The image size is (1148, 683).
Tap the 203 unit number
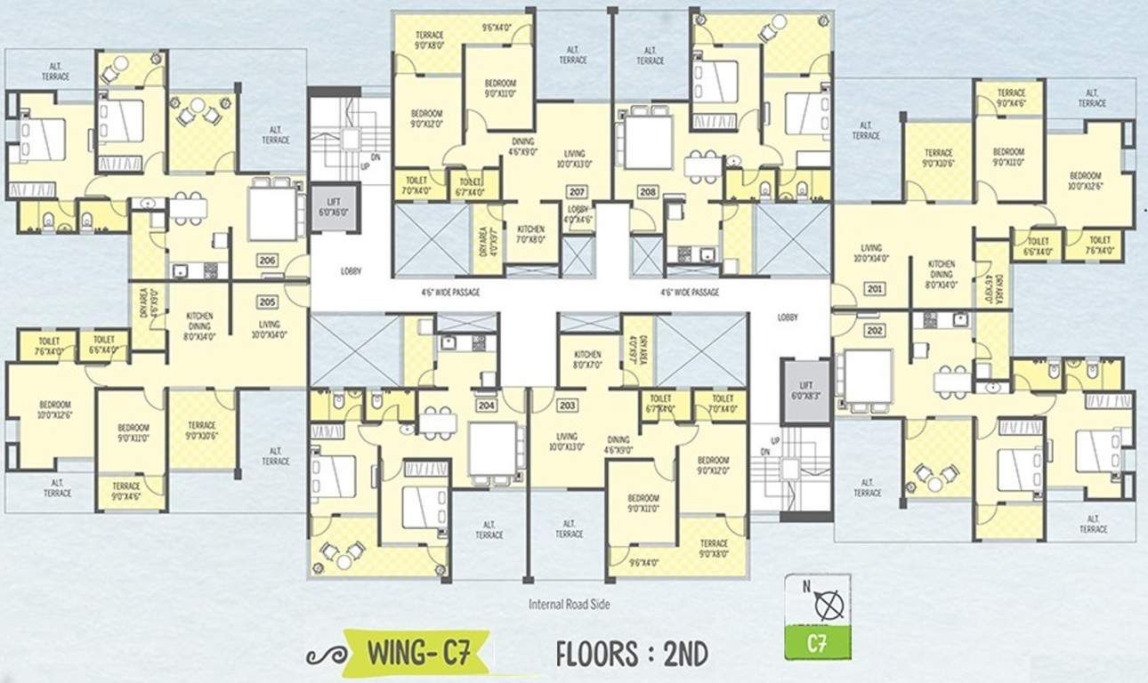567,405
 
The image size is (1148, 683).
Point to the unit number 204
486,405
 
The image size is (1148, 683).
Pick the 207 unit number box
575,191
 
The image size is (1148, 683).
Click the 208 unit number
647,191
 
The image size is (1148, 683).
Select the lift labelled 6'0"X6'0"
334,208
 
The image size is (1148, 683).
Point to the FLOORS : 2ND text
632,654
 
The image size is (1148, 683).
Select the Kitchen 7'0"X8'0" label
530,234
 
